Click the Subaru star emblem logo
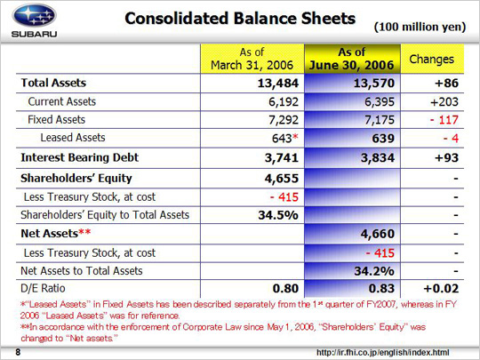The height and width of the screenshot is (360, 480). pos(34,15)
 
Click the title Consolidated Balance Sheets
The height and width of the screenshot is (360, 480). pos(240,19)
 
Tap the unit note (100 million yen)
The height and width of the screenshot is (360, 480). pos(420,27)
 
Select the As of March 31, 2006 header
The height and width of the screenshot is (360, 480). pos(252,59)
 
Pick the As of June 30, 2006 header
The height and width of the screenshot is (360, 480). pos(352,59)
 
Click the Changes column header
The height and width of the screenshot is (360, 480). pos(432,59)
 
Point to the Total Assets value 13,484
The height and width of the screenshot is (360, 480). pos(278,84)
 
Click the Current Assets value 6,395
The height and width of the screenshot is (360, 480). pos(380,101)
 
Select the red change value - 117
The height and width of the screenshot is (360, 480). pos(444,120)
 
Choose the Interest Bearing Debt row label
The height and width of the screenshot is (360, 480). pos(80,157)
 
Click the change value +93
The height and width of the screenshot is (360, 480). pos(446,158)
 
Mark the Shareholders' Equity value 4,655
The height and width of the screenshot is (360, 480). pos(282,179)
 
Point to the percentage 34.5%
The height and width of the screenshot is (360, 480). pos(278,215)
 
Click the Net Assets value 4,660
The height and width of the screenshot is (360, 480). pos(378,234)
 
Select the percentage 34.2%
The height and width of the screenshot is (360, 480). pos(374,271)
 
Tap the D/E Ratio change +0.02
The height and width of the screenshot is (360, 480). pos(441,289)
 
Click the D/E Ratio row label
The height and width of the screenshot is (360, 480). pos(43,288)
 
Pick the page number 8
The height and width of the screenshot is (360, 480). pos(18,352)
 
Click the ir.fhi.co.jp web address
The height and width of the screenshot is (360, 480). pos(382,353)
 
